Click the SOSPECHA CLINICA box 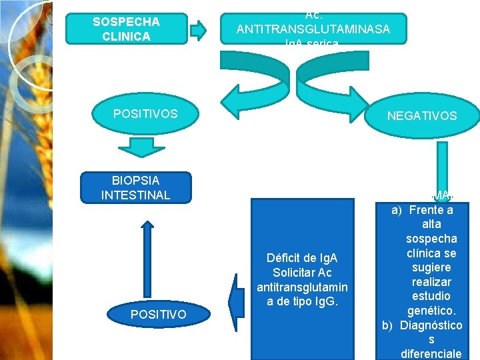coord(126,29)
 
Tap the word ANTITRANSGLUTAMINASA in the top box coord(313,29)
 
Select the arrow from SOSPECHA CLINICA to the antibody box coord(199,30)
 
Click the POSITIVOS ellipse coord(145,113)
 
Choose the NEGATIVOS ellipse coord(422,115)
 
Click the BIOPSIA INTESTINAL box coord(135,187)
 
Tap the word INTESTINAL coord(135,195)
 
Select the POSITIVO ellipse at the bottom coord(159,313)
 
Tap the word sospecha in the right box coord(431,239)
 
